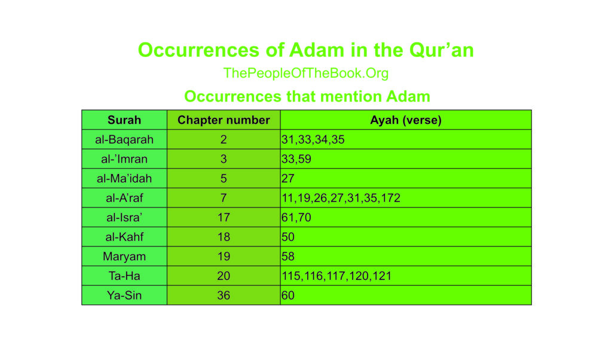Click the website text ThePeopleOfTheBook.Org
(x=305, y=74)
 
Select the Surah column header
(x=124, y=120)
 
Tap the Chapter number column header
(x=224, y=120)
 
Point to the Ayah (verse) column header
(x=406, y=120)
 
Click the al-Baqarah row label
(x=124, y=139)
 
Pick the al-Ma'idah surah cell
(x=124, y=178)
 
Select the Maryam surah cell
(x=124, y=257)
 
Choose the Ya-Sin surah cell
(x=124, y=295)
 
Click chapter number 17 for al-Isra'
(x=224, y=218)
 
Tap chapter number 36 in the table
(x=224, y=295)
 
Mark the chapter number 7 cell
(x=224, y=198)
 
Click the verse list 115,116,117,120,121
(x=336, y=276)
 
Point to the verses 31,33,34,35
(x=313, y=139)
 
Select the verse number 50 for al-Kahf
(x=288, y=237)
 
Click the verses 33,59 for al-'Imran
(x=296, y=159)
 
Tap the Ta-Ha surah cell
(x=124, y=276)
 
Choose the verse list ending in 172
(x=341, y=198)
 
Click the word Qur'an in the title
(x=442, y=50)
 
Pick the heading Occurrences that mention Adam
(x=307, y=96)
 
